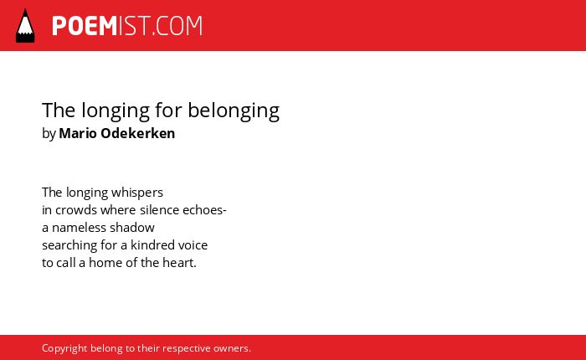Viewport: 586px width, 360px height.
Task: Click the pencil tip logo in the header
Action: (25, 26)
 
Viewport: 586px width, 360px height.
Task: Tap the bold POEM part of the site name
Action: (85, 26)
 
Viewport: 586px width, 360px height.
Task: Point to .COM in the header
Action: (177, 26)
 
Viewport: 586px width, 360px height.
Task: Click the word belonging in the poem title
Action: (234, 111)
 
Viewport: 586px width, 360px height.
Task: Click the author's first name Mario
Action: (78, 133)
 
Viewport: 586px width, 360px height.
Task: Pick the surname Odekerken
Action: (138, 133)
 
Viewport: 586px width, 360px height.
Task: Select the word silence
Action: (160, 210)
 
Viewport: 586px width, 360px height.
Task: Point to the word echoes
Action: (203, 210)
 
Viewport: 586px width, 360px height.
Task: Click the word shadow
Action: (127, 228)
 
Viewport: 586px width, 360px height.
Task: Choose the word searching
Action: (69, 245)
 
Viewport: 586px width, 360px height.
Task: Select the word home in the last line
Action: (105, 263)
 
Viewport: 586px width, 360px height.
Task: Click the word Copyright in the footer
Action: (64, 349)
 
